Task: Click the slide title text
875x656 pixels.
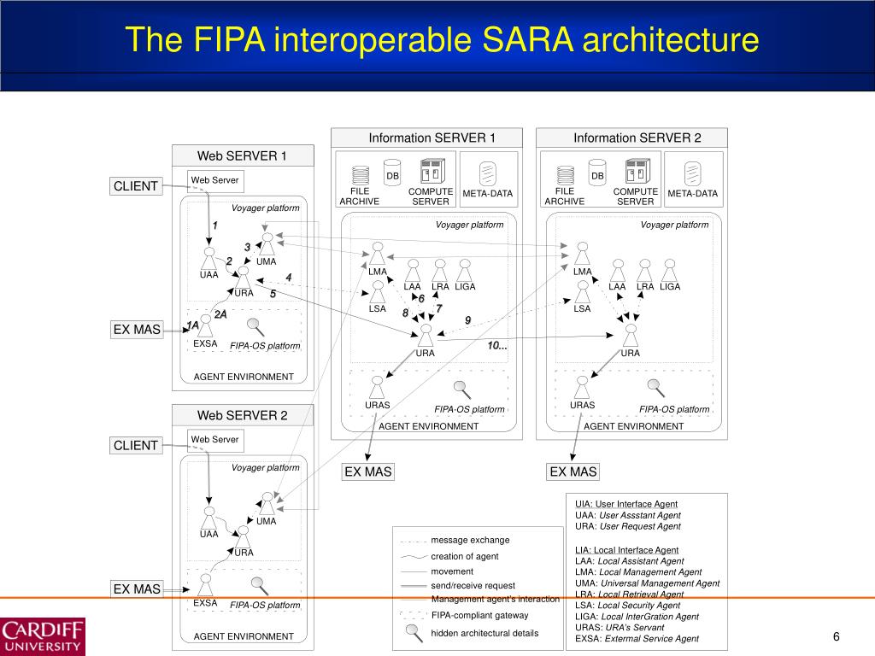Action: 442,40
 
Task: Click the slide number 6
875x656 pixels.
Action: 837,637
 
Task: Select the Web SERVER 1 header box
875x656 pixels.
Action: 243,155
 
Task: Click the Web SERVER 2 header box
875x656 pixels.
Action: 243,415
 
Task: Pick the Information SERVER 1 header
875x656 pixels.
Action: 432,138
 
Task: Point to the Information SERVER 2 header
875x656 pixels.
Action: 637,138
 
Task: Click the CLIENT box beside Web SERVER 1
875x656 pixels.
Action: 136,186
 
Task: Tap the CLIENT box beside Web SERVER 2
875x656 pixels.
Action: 136,445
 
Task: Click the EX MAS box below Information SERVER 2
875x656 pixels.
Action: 573,471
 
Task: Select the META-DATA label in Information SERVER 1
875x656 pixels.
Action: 488,193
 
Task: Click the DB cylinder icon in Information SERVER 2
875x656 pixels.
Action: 597,172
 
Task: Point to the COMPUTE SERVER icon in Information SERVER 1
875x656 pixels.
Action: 430,170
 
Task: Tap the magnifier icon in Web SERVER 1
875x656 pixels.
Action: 255,325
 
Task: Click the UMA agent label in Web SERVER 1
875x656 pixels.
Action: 266,261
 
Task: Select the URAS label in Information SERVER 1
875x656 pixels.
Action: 378,405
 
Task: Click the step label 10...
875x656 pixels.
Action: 497,345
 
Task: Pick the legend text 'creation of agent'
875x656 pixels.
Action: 465,556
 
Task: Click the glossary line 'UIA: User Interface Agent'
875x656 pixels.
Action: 626,504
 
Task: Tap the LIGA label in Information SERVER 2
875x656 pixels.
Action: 670,286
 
